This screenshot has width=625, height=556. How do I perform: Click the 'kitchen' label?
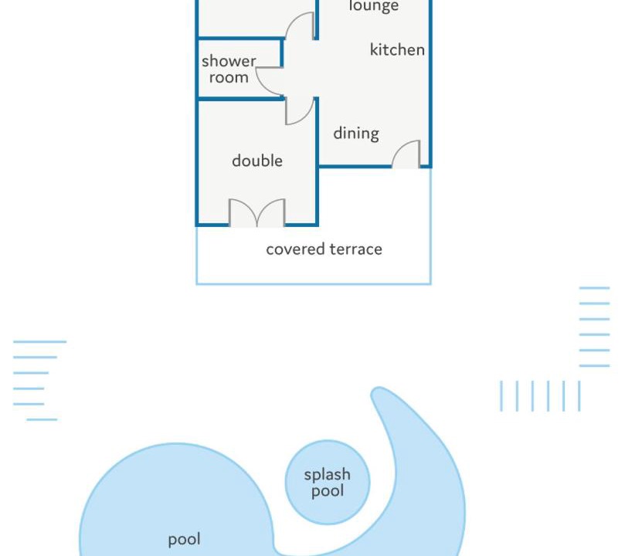click(397, 49)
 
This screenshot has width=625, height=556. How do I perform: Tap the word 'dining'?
click(356, 134)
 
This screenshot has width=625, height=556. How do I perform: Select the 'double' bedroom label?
click(257, 161)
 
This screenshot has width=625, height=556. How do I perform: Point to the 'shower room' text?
click(229, 69)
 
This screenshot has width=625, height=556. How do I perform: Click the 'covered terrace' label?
click(324, 249)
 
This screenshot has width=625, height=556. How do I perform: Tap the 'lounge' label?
click(373, 6)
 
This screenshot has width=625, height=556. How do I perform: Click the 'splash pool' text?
click(328, 483)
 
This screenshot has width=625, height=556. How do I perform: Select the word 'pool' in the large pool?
click(184, 540)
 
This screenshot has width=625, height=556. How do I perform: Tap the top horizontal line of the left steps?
click(40, 342)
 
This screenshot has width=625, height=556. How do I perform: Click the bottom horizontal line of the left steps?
click(42, 419)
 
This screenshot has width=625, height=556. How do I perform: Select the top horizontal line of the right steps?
click(594, 287)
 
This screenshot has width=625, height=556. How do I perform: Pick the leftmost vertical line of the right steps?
click(501, 396)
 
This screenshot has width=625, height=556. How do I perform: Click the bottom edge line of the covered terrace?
click(314, 284)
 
